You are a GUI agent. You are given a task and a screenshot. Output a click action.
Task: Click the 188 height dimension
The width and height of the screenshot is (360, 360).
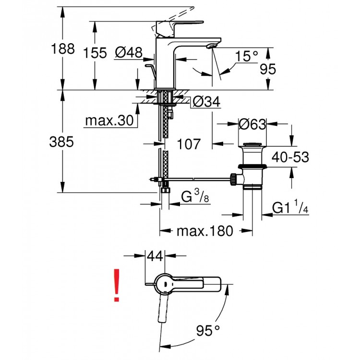coord(63,49)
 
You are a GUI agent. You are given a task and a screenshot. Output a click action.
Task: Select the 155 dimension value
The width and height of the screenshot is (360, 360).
coord(95,53)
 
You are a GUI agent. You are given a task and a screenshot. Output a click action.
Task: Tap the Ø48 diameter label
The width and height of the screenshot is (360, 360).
coord(129,53)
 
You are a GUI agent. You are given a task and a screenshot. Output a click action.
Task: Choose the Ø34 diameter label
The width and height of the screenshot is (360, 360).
coord(206,102)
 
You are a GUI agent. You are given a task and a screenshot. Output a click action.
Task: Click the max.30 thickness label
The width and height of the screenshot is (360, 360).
coord(108,121)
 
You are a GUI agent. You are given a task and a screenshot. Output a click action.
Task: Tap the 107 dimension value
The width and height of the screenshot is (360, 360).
coord(188,144)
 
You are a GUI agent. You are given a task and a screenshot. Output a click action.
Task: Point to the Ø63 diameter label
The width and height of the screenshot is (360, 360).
coord(252,124)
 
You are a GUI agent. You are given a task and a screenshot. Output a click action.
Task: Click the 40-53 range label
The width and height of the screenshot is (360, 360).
coord(289,157)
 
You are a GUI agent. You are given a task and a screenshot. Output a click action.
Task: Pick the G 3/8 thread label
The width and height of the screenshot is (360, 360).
coord(194,197)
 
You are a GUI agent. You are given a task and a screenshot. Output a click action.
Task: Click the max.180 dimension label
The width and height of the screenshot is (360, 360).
coord(204,231)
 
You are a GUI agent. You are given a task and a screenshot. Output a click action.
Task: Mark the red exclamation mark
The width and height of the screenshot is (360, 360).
coord(116,286)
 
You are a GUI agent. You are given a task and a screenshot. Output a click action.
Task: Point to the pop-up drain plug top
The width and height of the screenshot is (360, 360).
coord(252,144)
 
